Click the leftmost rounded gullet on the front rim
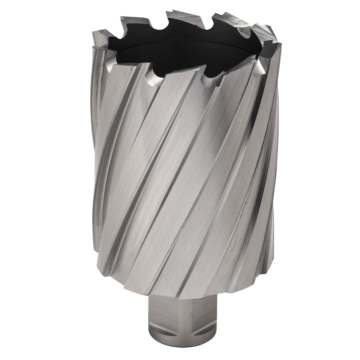click(x=110, y=70)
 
